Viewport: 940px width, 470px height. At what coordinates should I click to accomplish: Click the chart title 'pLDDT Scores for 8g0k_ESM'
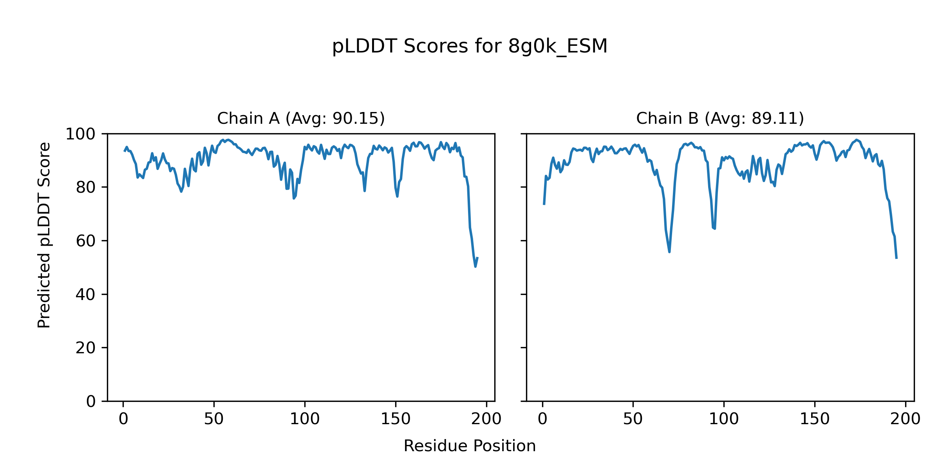click(470, 47)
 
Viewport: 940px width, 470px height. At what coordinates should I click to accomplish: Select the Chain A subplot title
click(301, 118)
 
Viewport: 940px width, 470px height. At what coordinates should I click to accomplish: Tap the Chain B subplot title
click(720, 118)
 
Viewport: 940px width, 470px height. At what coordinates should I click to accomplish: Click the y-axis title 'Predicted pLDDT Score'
click(44, 235)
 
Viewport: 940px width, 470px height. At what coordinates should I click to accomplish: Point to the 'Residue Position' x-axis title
click(470, 446)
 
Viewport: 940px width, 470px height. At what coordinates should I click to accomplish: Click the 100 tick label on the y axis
click(80, 134)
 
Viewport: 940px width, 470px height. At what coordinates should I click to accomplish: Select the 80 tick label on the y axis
click(86, 188)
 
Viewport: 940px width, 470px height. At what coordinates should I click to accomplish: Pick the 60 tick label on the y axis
click(86, 241)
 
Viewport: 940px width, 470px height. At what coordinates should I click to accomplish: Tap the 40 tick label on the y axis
click(86, 295)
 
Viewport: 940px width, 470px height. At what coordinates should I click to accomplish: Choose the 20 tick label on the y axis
click(86, 348)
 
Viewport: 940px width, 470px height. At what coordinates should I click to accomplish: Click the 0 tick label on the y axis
click(91, 401)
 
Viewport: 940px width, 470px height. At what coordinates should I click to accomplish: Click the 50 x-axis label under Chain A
click(214, 419)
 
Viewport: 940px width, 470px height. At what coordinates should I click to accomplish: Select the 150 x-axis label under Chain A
click(396, 419)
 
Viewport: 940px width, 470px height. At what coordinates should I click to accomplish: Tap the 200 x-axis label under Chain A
click(486, 419)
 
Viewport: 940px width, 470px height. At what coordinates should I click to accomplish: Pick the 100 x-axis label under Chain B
click(724, 419)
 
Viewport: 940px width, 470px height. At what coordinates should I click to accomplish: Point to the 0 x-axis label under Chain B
click(542, 419)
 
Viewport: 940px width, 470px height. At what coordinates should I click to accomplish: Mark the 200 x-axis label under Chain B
click(906, 419)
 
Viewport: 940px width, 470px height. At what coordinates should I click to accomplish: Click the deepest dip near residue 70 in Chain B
click(669, 251)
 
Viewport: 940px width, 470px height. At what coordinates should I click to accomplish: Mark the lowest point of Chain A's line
click(475, 267)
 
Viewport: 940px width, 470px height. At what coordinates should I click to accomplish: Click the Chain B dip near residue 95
click(715, 229)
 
